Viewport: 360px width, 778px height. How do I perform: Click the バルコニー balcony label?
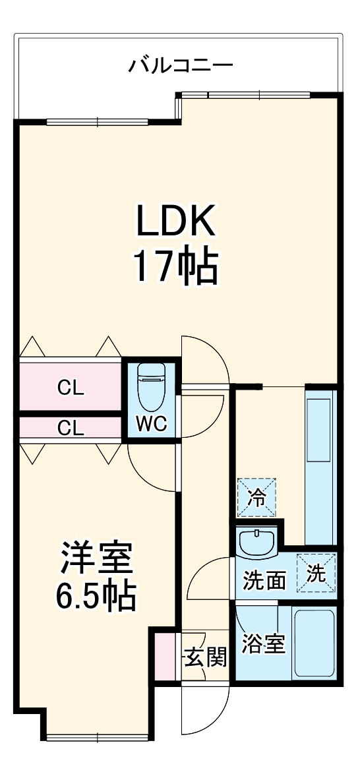pos(181,65)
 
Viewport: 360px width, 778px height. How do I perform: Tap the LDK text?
pos(175,221)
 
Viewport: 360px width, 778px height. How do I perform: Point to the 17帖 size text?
pos(175,265)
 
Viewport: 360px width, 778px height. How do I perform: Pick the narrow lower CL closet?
pos(71,429)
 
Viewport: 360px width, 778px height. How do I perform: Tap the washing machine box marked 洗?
pos(316,573)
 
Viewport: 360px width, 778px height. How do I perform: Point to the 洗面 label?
pos(264,581)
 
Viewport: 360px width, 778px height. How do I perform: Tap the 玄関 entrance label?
pos(205,657)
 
